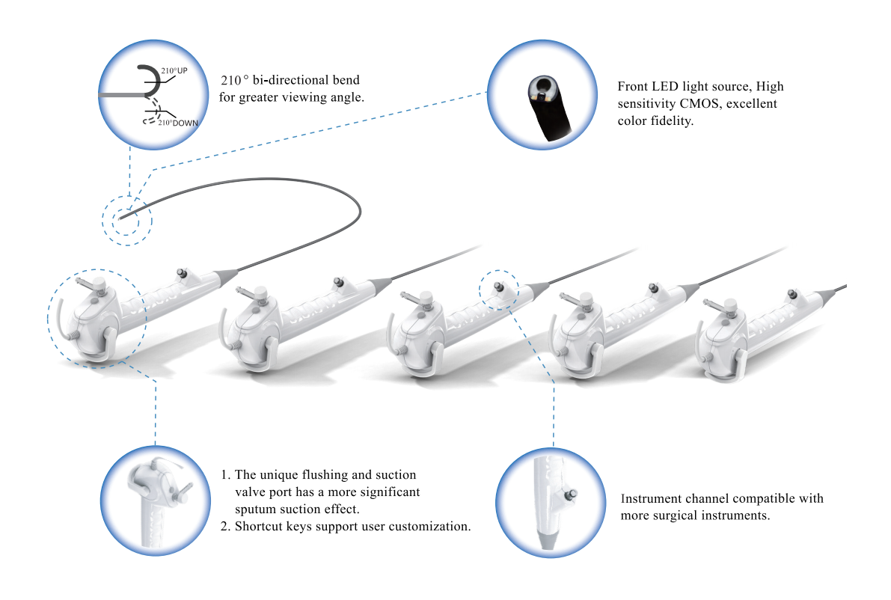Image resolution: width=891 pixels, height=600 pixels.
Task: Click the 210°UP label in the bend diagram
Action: pos(174,70)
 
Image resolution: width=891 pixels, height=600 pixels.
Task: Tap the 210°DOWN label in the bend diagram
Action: pos(178,123)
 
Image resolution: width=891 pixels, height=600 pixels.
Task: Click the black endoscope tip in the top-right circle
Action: pos(548,106)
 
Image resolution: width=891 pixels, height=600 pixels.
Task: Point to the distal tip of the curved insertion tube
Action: pos(120,218)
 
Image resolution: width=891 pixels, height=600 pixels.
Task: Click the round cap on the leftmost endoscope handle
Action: pos(98,283)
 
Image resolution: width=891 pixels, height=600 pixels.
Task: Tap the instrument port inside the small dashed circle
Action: pos(499,287)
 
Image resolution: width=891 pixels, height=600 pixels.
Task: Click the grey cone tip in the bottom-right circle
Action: pos(547,540)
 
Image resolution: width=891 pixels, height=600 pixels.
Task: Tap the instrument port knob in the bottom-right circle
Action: pos(571,495)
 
